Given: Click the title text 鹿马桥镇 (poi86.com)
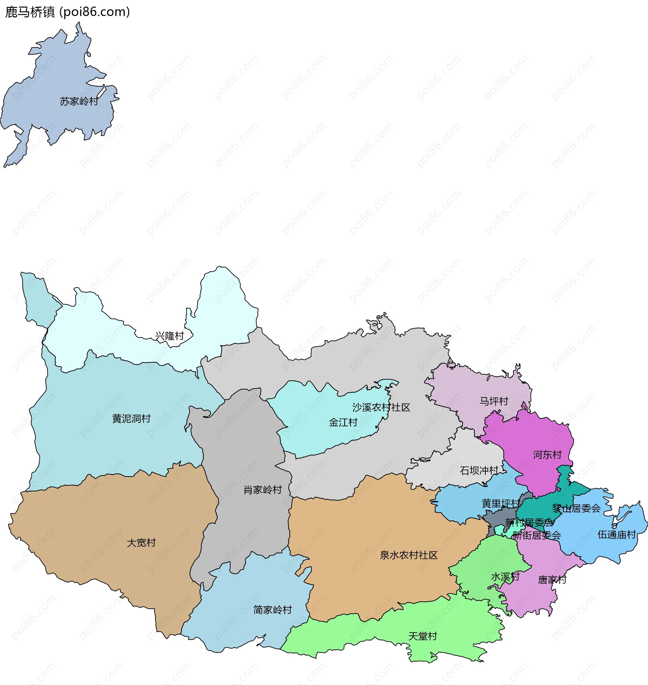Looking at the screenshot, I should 67,12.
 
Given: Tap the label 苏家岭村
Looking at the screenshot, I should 79,102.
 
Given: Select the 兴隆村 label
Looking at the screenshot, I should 169,336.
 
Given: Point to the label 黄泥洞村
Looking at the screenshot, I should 131,419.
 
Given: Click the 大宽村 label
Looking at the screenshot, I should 141,543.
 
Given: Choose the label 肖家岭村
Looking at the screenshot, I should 263,490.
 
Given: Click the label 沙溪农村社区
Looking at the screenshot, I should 381,408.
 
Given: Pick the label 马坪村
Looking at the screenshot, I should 494,402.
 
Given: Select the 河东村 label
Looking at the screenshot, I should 547,455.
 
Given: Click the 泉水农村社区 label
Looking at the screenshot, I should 409,555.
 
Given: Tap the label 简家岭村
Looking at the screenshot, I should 273,610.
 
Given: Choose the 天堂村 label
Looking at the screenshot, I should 423,636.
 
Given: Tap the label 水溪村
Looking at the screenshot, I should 505,577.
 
